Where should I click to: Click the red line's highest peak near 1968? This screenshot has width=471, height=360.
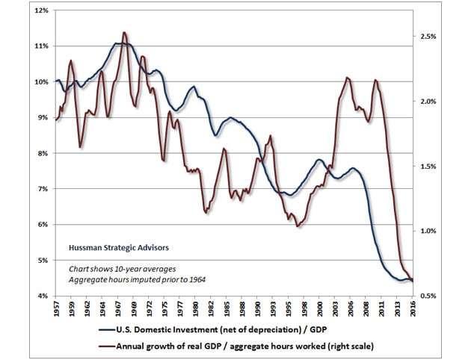point(124,32)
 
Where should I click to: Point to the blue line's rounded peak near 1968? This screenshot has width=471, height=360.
point(123,43)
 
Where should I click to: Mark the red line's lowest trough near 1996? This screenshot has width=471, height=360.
point(298,226)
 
